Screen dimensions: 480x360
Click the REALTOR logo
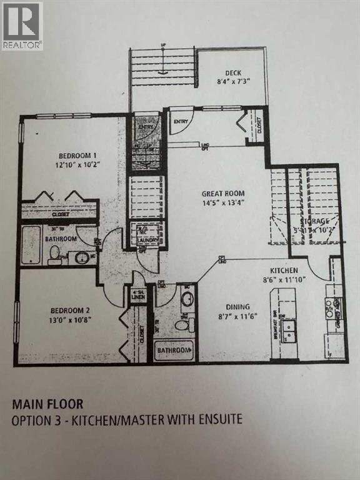click(x=22, y=26)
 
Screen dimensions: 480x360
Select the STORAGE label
click(x=316, y=222)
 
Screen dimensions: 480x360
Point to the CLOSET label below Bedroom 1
click(x=61, y=213)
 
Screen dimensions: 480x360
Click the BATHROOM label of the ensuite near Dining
click(x=173, y=351)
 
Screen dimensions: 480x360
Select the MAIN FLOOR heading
click(x=47, y=404)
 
